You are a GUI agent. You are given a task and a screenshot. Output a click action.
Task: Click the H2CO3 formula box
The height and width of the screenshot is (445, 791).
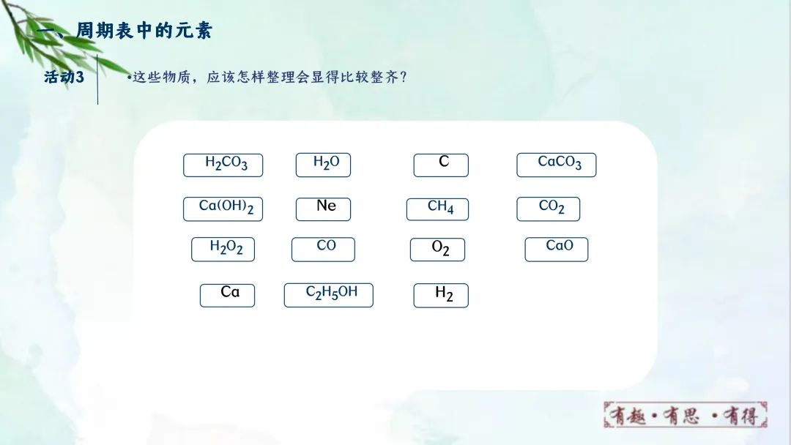(x=223, y=165)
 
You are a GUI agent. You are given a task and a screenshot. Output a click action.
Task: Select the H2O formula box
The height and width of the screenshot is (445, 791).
(x=323, y=165)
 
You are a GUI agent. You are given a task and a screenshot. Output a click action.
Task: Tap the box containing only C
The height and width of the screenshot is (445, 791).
(x=441, y=165)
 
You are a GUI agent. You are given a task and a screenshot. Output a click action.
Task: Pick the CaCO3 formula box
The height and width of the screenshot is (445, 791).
(x=557, y=165)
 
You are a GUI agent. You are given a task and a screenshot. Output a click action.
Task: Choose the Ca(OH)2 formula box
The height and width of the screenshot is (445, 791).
(x=223, y=209)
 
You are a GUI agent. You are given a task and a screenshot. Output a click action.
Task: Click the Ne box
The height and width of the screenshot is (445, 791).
(x=323, y=209)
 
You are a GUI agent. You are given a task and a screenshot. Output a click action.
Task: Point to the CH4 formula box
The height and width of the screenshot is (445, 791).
(x=437, y=209)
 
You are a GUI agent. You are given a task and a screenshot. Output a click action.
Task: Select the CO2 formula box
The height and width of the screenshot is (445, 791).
(x=548, y=209)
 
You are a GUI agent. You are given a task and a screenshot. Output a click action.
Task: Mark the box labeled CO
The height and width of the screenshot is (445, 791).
(x=323, y=249)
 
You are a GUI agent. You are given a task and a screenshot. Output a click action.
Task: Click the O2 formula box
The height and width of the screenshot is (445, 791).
(x=437, y=250)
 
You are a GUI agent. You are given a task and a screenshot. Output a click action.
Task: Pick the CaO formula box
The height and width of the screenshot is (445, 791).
(x=557, y=249)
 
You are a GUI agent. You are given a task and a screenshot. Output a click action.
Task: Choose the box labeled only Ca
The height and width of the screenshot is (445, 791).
(x=227, y=295)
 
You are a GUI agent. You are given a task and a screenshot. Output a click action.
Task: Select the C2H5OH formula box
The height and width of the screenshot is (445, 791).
(x=328, y=294)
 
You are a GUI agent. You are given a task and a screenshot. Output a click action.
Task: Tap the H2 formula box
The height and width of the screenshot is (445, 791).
(x=441, y=295)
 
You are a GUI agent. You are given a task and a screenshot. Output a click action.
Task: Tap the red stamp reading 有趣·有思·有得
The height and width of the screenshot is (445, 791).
(x=685, y=415)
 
